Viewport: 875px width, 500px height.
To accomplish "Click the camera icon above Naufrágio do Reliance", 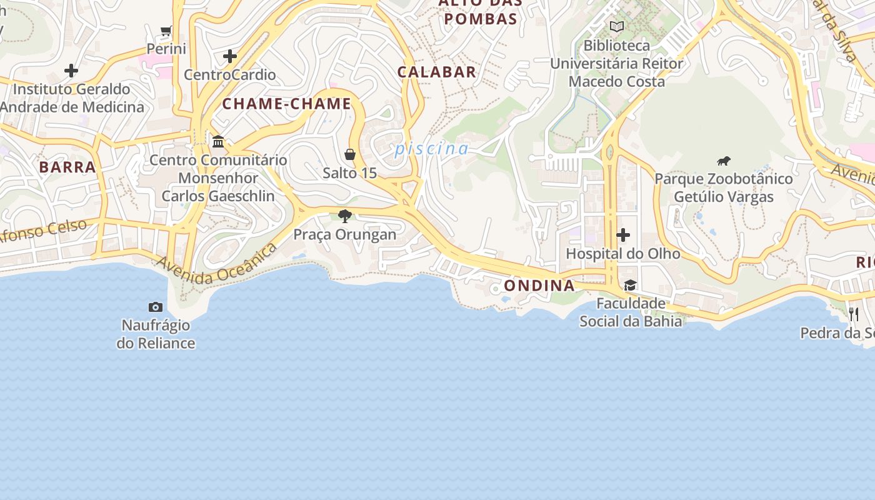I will pos(156,307).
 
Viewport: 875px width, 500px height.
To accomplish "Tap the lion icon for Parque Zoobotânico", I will pos(724,161).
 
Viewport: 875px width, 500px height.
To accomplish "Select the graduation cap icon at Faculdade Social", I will pos(630,286).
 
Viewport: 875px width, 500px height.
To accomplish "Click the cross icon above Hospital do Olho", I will pos(623,235).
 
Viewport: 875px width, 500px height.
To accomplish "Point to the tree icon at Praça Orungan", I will pos(344,216).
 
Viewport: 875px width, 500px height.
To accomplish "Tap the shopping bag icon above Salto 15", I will pos(350,154).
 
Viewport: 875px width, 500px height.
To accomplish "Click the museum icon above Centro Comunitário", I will pos(218,142).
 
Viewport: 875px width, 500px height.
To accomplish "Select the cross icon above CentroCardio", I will pos(230,56).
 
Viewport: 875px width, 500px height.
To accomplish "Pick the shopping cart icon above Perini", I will pos(166,31).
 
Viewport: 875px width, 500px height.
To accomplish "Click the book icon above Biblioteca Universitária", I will pos(617,27).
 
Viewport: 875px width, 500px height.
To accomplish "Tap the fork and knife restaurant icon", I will pos(854,314).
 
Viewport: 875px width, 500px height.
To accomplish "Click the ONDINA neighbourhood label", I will pos(539,286).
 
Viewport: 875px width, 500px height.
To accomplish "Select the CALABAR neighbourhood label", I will pos(437,72).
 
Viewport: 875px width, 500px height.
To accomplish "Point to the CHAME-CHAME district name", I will pos(287,104).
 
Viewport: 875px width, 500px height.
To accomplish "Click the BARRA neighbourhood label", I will pos(67,167).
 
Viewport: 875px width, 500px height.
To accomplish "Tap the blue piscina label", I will pos(431,149).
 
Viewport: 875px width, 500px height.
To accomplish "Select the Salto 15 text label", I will pos(350,172).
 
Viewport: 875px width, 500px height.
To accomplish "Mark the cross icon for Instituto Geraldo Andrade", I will pos(71,71).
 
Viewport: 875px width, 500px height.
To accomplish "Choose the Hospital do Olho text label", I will pos(623,254).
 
